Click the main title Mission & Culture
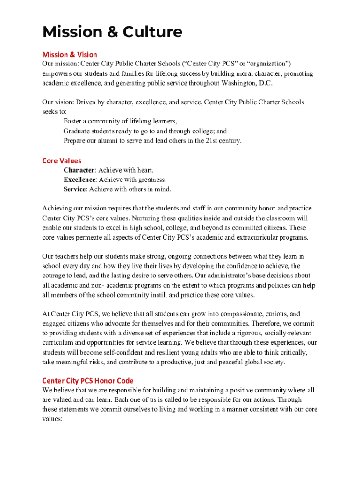point(112,32)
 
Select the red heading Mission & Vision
point(70,55)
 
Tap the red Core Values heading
point(62,161)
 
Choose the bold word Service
point(75,189)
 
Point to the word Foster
point(72,122)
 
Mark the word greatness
point(152,180)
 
